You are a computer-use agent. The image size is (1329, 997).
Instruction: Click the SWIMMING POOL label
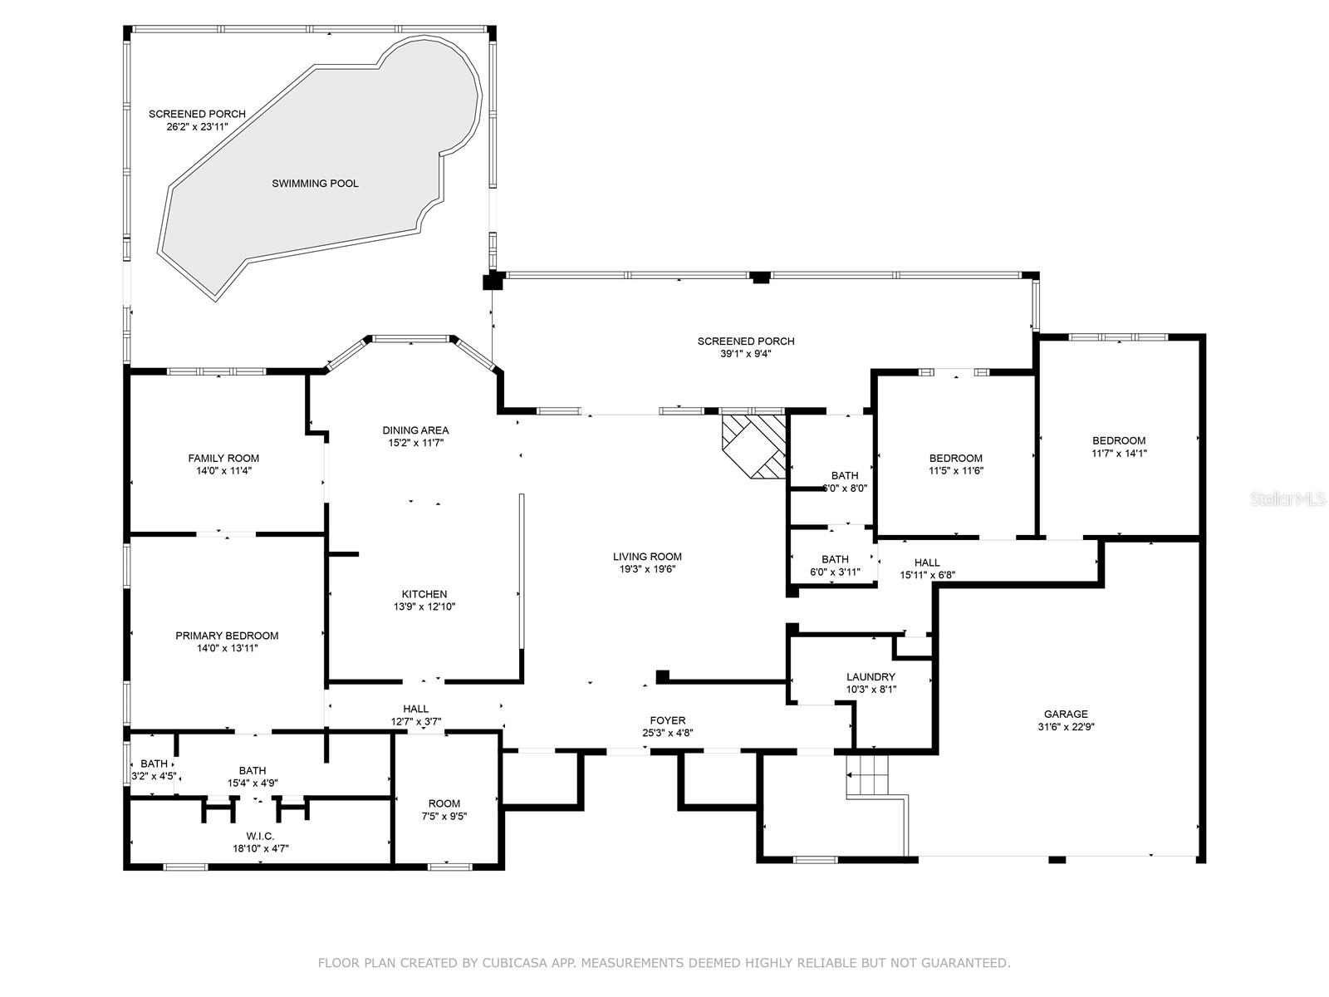pos(315,184)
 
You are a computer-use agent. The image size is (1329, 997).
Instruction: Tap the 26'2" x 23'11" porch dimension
pos(198,127)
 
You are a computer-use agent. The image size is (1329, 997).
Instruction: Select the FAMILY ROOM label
pos(223,459)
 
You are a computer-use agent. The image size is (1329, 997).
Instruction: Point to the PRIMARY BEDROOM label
pos(227,636)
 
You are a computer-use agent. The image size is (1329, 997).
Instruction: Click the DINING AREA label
pos(416,430)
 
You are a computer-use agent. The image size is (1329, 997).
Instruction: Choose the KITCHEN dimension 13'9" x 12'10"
pos(424,607)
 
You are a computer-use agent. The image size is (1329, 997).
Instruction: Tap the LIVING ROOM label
pos(647,557)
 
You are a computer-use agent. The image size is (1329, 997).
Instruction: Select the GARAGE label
pos(1067,714)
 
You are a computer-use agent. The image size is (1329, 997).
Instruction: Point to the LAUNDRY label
pos(870,677)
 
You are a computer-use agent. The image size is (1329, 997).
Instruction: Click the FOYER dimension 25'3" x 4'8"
pos(668,733)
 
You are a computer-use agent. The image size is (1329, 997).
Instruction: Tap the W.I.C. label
pos(260,836)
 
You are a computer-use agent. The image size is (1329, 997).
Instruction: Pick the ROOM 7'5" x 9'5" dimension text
pos(444,816)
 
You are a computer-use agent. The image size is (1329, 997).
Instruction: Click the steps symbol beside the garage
pos(868,776)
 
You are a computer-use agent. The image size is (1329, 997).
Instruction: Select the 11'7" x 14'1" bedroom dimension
pos(1119,453)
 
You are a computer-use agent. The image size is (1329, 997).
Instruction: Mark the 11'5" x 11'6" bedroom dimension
pos(956,470)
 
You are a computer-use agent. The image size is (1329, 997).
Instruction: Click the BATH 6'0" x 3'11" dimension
pos(835,572)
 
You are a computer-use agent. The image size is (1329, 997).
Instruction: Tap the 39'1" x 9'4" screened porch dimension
pos(746,354)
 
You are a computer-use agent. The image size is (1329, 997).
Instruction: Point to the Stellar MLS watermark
pos(1287,499)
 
